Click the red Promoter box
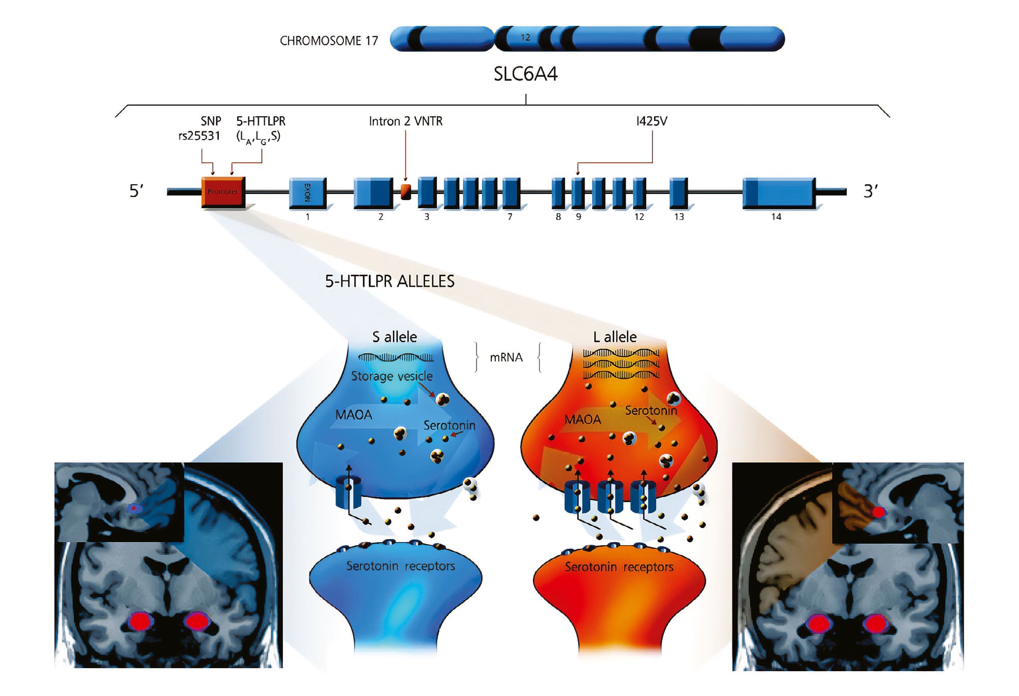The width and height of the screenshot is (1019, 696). [x=223, y=191]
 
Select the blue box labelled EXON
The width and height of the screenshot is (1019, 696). [x=307, y=192]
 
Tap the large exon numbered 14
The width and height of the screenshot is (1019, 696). [x=778, y=192]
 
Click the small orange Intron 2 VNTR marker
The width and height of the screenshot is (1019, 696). [x=405, y=192]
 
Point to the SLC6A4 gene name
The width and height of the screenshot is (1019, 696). [x=525, y=75]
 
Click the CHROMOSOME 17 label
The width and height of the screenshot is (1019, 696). [x=329, y=41]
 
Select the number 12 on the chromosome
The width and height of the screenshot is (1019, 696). [x=525, y=38]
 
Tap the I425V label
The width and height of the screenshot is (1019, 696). [x=651, y=121]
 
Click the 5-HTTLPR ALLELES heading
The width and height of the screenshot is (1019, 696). [x=390, y=281]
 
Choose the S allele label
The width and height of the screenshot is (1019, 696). [x=394, y=337]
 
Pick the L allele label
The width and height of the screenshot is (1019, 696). [x=615, y=337]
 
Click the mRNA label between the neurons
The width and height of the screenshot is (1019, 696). [x=506, y=357]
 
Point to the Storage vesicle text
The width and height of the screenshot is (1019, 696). [x=392, y=376]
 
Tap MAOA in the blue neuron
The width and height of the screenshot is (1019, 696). [x=354, y=415]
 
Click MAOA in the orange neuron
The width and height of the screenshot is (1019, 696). [x=583, y=419]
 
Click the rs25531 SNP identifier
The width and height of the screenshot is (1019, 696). [x=199, y=136]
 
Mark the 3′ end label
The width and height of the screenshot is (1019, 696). [x=870, y=191]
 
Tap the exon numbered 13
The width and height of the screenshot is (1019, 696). [x=678, y=192]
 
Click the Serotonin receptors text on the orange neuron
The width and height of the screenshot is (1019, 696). [x=619, y=567]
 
